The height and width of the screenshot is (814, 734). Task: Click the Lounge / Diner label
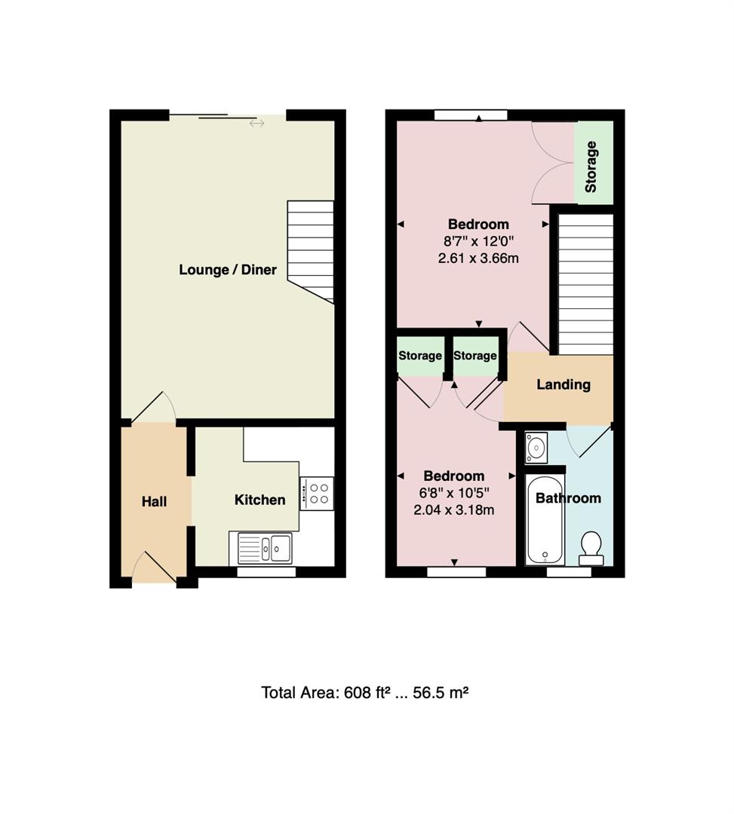227,270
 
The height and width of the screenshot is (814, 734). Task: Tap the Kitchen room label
260,500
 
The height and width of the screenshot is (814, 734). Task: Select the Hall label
154,501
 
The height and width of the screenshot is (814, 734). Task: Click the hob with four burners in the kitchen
317,493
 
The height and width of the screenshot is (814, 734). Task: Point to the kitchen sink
265,547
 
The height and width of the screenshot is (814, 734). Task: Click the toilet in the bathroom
591,548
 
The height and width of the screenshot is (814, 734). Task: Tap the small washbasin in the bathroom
534,447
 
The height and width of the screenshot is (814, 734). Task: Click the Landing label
563,384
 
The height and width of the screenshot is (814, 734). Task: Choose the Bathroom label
568,498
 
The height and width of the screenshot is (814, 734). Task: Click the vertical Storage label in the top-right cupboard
591,166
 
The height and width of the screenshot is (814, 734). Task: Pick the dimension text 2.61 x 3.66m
478,258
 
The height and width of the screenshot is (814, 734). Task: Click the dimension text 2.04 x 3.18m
453,510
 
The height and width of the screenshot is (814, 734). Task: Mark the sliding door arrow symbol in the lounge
256,123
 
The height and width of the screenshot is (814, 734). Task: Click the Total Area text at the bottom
365,692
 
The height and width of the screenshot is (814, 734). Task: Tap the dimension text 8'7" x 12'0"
478,241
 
